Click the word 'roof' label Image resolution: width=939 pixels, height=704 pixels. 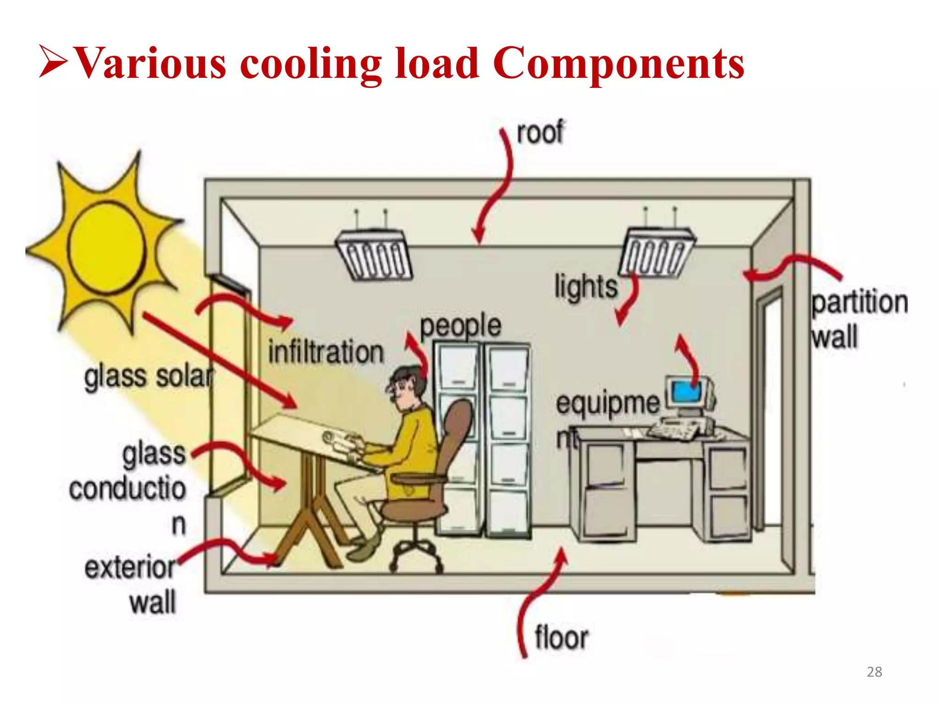(540, 133)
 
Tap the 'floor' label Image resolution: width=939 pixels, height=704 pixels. (561, 638)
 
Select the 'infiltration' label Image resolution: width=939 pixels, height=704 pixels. (326, 352)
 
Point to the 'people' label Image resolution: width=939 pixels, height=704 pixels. (460, 326)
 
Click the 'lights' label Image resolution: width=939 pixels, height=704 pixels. (585, 287)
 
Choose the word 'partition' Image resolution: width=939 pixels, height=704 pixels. (859, 302)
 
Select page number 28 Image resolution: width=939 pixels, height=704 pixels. (874, 672)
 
